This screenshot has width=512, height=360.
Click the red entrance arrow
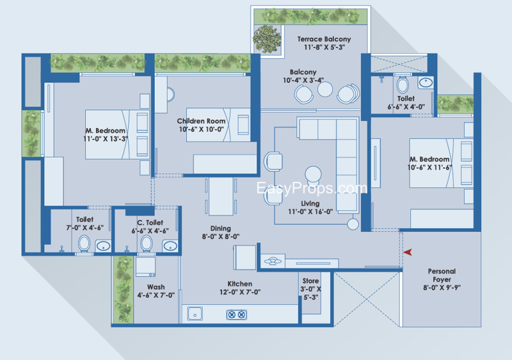click(408, 252)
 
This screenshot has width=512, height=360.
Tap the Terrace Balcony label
click(324, 39)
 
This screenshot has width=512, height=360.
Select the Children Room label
click(201, 121)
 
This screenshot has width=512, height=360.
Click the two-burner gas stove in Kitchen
click(236, 315)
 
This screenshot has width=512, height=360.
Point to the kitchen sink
click(195, 314)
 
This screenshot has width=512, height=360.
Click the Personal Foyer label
click(442, 275)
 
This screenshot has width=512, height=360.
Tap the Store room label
click(310, 281)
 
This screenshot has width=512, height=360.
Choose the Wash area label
click(156, 287)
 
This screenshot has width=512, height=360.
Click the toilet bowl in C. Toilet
click(147, 243)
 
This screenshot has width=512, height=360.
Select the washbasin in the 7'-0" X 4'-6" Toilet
click(103, 246)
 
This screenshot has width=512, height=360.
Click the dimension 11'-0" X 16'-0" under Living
click(310, 211)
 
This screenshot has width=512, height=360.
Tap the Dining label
click(220, 228)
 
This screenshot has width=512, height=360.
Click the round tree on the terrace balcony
click(267, 39)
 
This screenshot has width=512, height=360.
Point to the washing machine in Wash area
click(145, 267)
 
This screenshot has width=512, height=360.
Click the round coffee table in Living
click(313, 174)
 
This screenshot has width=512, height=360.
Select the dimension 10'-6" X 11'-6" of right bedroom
click(429, 168)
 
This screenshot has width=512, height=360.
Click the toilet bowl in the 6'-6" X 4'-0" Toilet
click(403, 85)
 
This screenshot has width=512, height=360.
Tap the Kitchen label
click(239, 284)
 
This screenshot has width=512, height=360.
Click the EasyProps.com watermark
click(312, 188)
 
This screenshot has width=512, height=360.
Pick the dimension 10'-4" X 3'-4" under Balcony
click(303, 80)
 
